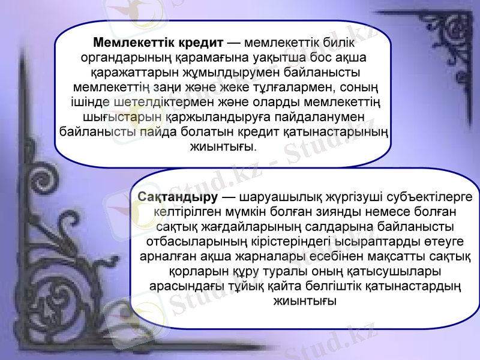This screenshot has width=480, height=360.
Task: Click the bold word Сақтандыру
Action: coord(177,197)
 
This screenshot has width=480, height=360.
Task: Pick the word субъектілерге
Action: coord(431,197)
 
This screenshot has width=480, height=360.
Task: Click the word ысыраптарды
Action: coord(368,242)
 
